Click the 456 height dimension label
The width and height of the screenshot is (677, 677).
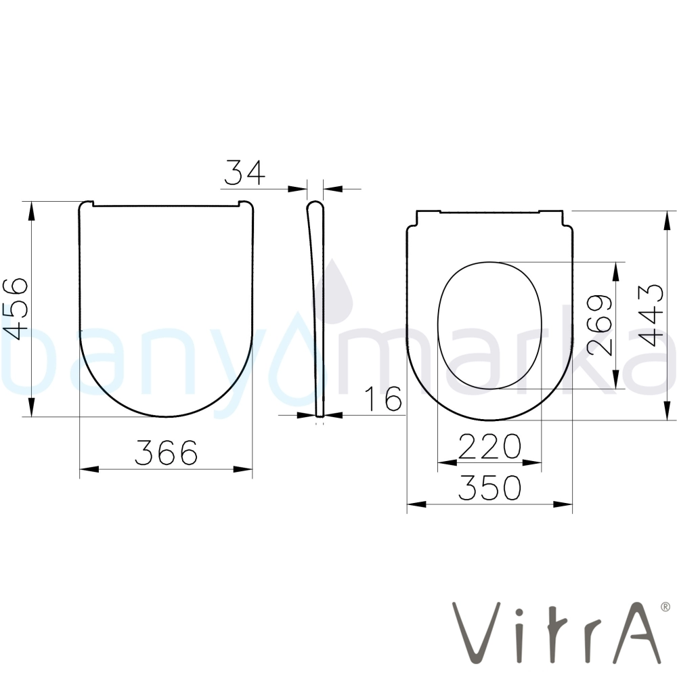[x=15, y=309]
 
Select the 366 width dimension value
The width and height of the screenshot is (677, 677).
[x=167, y=452]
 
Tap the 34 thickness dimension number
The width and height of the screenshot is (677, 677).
[x=244, y=172]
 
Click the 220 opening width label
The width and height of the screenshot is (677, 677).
[x=489, y=446]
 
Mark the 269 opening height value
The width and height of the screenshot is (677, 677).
[x=600, y=326]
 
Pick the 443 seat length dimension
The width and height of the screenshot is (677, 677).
[x=650, y=315]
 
